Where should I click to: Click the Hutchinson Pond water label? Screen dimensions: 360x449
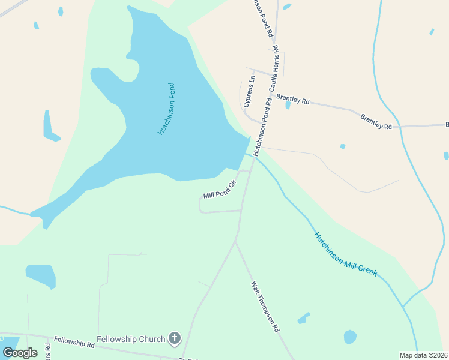pos(166,109)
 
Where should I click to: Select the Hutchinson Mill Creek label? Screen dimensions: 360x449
pos(345,254)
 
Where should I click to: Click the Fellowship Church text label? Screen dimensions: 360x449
pos(131,339)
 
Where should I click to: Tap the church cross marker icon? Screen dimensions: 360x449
pos(175,339)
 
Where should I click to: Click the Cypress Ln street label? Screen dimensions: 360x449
pos(250,91)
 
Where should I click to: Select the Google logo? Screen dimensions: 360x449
pos(20,352)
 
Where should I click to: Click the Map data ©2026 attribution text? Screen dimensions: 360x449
pos(423,355)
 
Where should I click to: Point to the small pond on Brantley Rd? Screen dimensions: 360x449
pos(288,105)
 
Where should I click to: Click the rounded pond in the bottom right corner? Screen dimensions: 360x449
pos(350,337)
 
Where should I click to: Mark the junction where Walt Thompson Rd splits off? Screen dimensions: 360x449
pos(236,241)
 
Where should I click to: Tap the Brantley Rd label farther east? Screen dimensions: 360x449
pos(376,122)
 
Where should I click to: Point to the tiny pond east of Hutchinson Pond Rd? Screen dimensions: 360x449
pos(342,146)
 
